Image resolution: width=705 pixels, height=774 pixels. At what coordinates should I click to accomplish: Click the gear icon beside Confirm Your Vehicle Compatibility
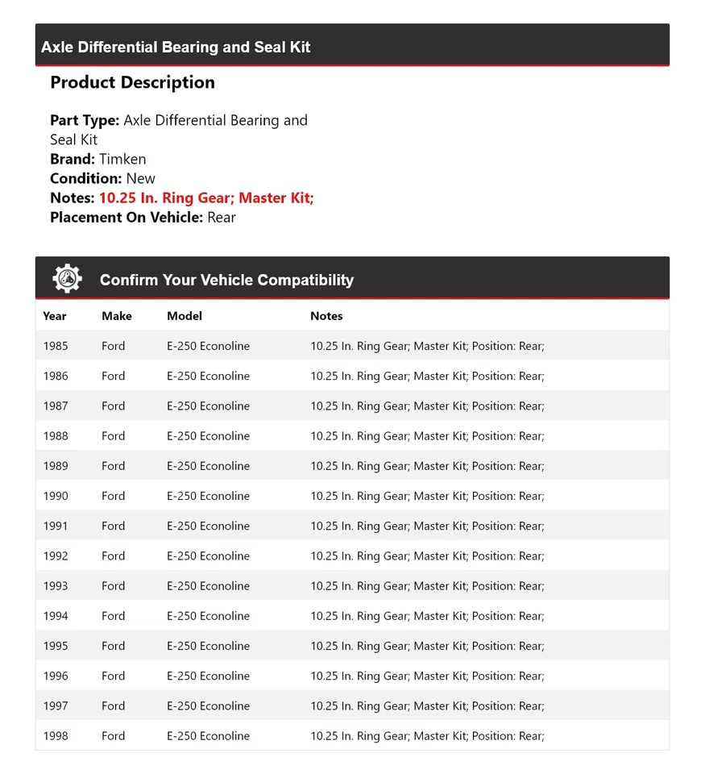point(67,279)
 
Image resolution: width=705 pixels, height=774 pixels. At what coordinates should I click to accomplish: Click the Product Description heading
point(132,82)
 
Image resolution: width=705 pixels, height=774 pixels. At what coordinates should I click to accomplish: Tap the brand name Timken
point(122,159)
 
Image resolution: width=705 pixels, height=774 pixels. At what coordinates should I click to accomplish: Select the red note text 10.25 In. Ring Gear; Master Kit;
point(205,198)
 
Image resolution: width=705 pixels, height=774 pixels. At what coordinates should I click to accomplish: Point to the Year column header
point(55,316)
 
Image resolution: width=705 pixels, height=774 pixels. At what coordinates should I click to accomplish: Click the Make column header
point(117,316)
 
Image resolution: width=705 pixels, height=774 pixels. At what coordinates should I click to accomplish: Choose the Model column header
point(185,316)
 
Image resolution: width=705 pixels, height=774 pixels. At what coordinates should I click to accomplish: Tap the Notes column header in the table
point(326,316)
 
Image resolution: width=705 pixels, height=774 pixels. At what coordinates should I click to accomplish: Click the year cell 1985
point(56,346)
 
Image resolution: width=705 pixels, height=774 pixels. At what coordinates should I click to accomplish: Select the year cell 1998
point(56,735)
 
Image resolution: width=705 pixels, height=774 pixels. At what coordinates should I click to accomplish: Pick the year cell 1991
point(56,526)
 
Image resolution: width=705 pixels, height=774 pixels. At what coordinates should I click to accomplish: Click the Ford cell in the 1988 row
point(114,436)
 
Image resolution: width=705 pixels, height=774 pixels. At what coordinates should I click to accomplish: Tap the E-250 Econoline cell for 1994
point(208,616)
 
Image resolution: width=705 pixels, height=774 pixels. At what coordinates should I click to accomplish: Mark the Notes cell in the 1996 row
point(427,676)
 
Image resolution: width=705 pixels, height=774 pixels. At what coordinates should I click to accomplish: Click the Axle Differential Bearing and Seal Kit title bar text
point(176,48)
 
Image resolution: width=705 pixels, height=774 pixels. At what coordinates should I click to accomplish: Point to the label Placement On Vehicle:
point(126,217)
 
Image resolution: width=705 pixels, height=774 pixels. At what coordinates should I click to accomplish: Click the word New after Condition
point(141,178)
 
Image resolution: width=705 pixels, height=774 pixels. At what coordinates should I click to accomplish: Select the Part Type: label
point(85,120)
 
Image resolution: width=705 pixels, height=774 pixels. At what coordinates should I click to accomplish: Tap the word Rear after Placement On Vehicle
point(222,217)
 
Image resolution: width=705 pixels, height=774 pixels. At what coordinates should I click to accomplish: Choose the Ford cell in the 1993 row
point(114,586)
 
